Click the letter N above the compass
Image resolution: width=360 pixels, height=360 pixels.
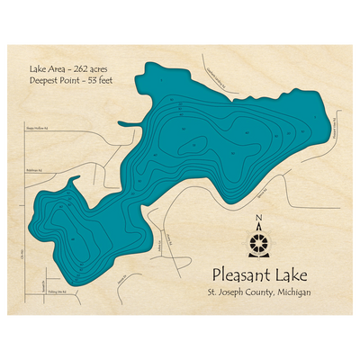(x=258, y=218)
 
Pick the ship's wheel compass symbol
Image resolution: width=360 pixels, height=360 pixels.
(x=258, y=241)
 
